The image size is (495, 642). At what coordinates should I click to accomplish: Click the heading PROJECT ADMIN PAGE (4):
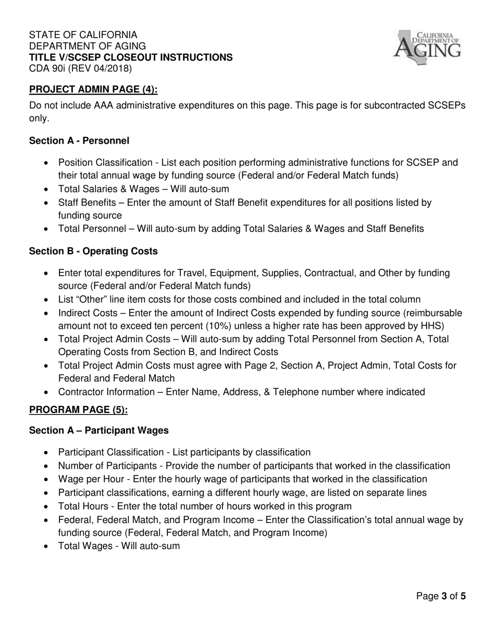click(93, 89)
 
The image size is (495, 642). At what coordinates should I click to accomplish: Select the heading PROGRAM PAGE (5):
click(78, 410)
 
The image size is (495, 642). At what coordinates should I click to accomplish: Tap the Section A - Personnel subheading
click(79, 140)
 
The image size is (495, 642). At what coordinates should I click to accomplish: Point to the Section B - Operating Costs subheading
click(93, 251)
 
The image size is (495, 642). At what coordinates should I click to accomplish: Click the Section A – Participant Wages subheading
click(99, 431)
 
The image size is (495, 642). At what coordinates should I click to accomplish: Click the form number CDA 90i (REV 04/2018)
click(80, 68)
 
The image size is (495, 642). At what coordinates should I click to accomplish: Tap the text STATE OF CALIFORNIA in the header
click(83, 35)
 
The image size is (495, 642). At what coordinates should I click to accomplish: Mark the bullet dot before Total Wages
click(47, 546)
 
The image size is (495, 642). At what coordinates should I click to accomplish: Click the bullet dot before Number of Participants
click(47, 466)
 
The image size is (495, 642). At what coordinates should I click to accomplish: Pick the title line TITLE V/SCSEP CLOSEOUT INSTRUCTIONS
click(131, 57)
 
